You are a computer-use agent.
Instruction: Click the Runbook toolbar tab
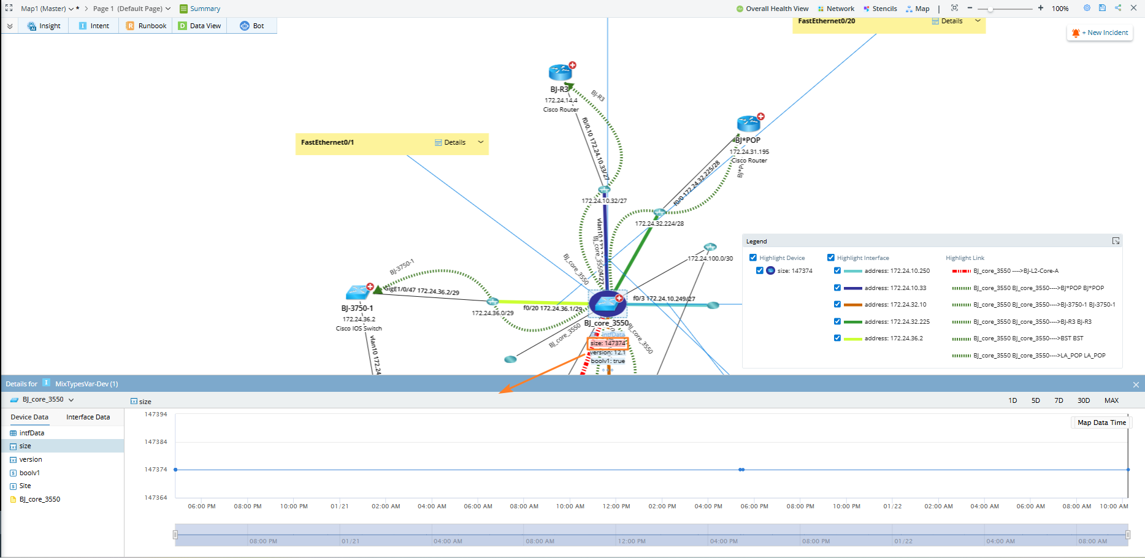(146, 26)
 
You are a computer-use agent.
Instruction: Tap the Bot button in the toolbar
(252, 26)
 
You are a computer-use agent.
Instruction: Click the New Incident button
(1101, 33)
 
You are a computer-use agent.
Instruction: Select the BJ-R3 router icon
(560, 73)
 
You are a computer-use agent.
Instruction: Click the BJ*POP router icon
(748, 124)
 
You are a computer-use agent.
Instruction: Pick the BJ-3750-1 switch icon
(358, 292)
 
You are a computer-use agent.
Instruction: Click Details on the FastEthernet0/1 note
(451, 142)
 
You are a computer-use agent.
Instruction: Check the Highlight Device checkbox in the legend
(753, 258)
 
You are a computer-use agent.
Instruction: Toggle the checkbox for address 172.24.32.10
(837, 305)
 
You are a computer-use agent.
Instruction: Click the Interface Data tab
(88, 417)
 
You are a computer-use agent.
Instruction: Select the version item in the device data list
(31, 459)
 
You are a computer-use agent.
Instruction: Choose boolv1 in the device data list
(29, 473)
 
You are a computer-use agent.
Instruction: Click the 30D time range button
(1084, 400)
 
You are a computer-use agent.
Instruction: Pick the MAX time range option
(1111, 400)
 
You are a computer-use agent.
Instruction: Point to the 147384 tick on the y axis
(156, 441)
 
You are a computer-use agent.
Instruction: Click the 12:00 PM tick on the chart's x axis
(616, 506)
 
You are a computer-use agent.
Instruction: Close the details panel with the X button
(1136, 384)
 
